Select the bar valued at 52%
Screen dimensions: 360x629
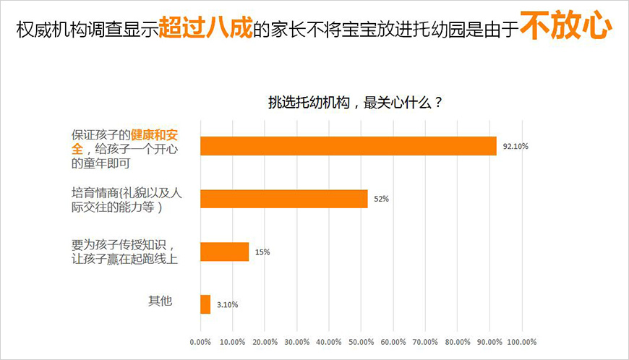[x=284, y=199]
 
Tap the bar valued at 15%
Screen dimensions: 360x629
[x=225, y=252]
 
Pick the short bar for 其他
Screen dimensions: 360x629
[x=205, y=304]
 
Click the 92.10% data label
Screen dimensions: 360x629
[x=515, y=147]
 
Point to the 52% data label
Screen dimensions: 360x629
[x=382, y=200]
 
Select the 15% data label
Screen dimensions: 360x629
[x=262, y=252]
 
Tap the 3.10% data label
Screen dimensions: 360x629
[x=226, y=305]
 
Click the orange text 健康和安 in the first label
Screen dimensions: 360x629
[x=154, y=135]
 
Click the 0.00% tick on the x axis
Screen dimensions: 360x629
[x=200, y=341]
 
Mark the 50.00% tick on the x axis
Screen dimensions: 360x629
[x=361, y=341]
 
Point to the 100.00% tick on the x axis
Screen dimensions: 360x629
[x=521, y=341]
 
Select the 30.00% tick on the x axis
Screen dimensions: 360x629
[x=296, y=341]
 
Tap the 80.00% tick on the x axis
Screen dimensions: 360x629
[x=458, y=341]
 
